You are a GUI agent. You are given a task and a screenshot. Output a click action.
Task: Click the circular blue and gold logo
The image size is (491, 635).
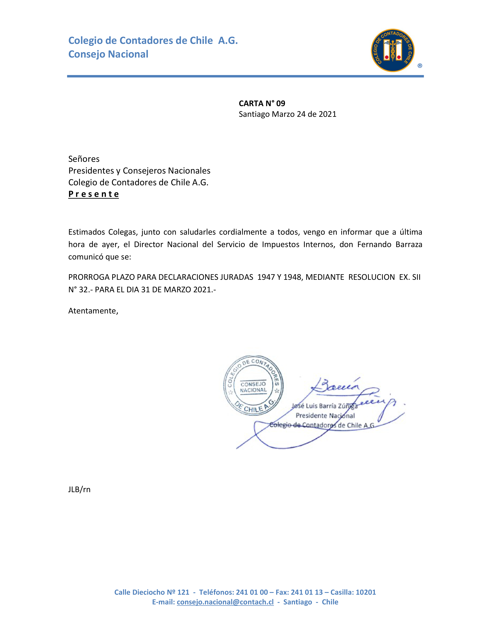coord(392,50)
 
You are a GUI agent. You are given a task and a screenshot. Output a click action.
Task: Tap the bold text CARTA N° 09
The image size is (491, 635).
coord(262,103)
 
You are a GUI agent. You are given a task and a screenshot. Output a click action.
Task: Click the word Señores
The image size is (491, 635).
coord(84,159)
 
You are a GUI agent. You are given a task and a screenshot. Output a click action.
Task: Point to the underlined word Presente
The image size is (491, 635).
coord(93,194)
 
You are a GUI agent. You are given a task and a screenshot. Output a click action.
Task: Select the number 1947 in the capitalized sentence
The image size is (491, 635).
coord(266,277)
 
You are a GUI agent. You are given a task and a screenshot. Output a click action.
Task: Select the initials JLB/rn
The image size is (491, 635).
coord(79,489)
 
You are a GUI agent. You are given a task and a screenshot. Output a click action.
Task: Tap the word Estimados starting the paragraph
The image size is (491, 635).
coord(86,232)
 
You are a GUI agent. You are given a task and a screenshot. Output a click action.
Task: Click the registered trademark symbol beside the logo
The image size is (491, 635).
coord(420,66)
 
